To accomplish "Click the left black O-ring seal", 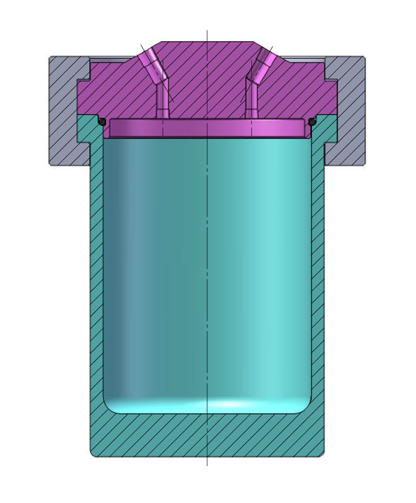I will [x=101, y=122].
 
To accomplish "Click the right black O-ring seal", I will [x=312, y=122].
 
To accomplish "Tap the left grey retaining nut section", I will [x=65, y=109].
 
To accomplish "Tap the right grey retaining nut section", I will [x=349, y=109].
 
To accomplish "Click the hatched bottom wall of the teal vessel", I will [x=207, y=435].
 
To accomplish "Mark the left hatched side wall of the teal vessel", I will [x=96, y=274].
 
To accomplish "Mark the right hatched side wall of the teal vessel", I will [x=317, y=274].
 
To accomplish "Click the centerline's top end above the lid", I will [x=207, y=31].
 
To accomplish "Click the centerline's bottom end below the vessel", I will [x=207, y=465].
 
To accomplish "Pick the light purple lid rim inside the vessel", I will [x=207, y=129].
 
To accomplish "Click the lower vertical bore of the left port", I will [x=163, y=103].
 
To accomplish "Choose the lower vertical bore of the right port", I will [x=251, y=103].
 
